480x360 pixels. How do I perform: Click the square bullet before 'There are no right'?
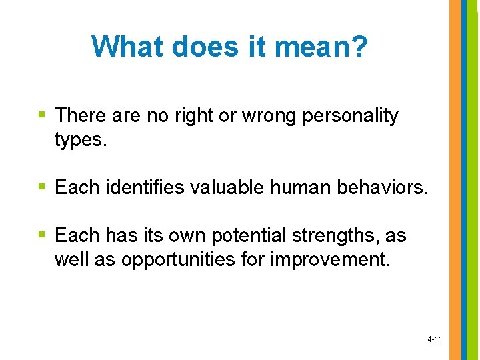[42, 115]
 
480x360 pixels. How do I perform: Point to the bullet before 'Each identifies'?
[42, 187]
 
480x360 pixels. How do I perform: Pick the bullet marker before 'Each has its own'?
[42, 235]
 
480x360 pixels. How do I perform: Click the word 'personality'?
[351, 116]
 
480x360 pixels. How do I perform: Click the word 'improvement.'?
[330, 259]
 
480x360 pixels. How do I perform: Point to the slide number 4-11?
[434, 339]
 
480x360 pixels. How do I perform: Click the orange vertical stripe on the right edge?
[455, 180]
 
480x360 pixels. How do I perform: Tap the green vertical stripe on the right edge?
[473, 180]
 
